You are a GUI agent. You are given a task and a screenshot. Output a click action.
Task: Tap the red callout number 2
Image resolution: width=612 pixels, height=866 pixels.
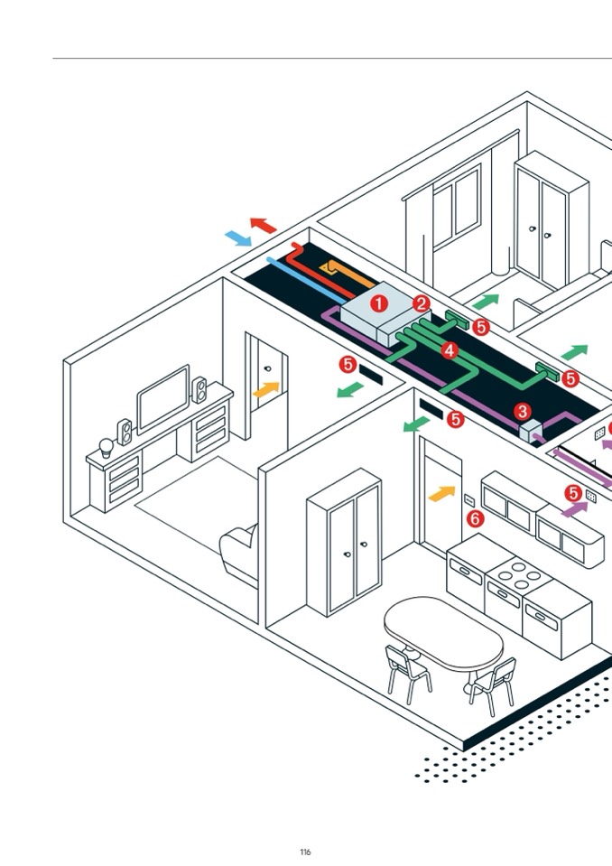[422, 304]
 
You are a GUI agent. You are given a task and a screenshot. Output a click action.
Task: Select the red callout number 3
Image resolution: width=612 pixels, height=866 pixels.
[523, 412]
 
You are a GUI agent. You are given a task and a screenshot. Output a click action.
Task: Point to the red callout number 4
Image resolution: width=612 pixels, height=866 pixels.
[450, 349]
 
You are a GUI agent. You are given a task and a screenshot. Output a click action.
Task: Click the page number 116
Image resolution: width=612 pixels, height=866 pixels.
[305, 852]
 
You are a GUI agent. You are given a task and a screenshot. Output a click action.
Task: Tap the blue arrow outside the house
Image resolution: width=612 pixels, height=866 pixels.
[238, 238]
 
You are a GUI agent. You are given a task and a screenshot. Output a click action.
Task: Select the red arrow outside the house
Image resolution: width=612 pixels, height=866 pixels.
[263, 225]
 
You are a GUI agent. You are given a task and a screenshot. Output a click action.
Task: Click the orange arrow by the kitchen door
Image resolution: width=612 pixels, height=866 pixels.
[441, 493]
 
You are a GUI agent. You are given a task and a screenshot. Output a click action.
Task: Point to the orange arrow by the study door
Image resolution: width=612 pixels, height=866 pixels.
[266, 390]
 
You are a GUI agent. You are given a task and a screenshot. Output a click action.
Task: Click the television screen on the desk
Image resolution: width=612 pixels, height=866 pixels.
[163, 398]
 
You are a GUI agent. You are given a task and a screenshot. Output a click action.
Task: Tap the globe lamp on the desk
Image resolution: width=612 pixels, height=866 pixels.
[107, 447]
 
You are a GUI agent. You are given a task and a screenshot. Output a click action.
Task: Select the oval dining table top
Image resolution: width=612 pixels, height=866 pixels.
[443, 631]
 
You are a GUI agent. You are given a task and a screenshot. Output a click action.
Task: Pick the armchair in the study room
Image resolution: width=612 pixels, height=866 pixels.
[240, 554]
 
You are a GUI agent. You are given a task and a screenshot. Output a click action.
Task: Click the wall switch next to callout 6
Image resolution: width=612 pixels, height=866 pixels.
[469, 499]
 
